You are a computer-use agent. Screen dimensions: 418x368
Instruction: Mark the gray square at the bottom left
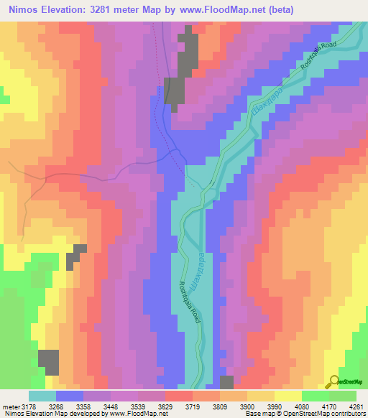(x=48, y=362)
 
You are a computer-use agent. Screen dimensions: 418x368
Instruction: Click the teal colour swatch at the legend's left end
(x=42, y=396)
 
